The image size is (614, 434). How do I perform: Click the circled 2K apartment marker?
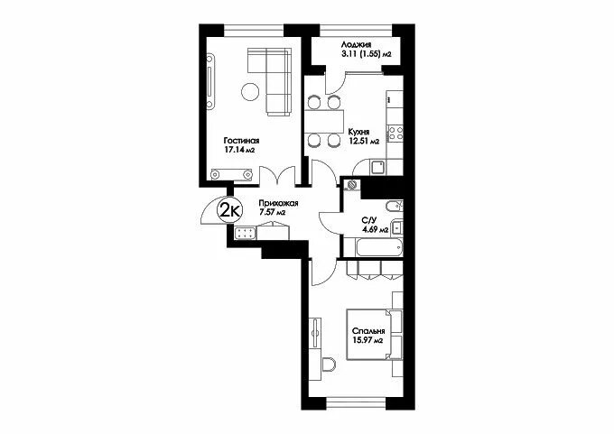pos(230,210)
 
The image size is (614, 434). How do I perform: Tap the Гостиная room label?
pos(241,141)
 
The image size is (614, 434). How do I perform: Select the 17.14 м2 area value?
pos(239,150)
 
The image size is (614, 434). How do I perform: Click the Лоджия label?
pos(356,45)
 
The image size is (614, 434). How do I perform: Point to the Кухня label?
pos(358,133)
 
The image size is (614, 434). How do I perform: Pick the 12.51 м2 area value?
pos(364,142)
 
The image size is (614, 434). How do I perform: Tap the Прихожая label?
pos(278,204)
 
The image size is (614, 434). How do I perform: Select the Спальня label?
pos(368,331)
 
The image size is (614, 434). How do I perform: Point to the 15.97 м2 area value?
pos(367,340)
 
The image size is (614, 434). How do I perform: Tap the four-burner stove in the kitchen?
pos(395,133)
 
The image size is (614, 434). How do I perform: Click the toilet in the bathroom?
pos(395,206)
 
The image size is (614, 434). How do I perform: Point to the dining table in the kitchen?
pos(324,121)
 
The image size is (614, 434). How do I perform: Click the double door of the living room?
pos(277,175)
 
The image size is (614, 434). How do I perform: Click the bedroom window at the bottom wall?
pos(356,403)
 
